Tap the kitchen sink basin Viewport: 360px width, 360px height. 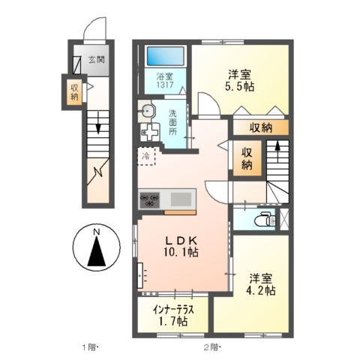pyautogui.click(x=181, y=199)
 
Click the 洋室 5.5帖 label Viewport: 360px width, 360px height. pyautogui.click(x=240, y=80)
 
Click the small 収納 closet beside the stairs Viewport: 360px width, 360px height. pyautogui.click(x=247, y=158)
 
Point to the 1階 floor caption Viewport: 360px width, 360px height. pyautogui.click(x=91, y=347)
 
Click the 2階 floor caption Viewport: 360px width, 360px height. pyautogui.click(x=211, y=347)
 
